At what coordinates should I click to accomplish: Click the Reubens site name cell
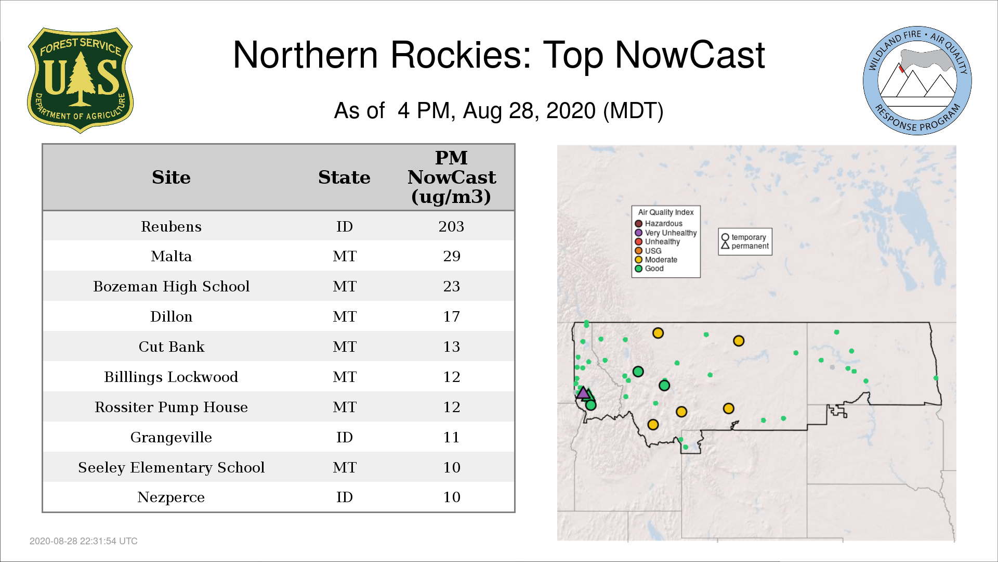coord(171,226)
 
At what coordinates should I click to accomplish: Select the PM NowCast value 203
coord(451,226)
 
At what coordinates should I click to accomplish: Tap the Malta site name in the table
coord(171,256)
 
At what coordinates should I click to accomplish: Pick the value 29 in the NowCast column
coord(452,256)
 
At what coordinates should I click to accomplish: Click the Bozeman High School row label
coord(171,286)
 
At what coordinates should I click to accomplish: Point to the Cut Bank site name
coord(171,347)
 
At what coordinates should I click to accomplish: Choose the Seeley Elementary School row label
coord(171,467)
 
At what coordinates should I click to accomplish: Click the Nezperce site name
coord(171,497)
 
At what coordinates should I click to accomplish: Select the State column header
coord(344,177)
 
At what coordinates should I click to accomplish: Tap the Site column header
coord(171,177)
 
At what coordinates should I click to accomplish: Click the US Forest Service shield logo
coord(80,80)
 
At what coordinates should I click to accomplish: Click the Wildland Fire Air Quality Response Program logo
coord(917,81)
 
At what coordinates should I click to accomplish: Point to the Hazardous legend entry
coord(659,224)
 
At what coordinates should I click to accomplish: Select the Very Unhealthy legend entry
coord(666,233)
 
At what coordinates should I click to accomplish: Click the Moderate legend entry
coord(656,260)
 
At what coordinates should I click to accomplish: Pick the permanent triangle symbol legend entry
coord(745,246)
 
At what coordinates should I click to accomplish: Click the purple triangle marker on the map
coord(583,393)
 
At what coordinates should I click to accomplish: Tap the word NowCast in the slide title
coord(690,55)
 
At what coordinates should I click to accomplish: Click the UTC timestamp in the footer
coord(84,541)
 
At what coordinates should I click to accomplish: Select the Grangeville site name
coord(171,437)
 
